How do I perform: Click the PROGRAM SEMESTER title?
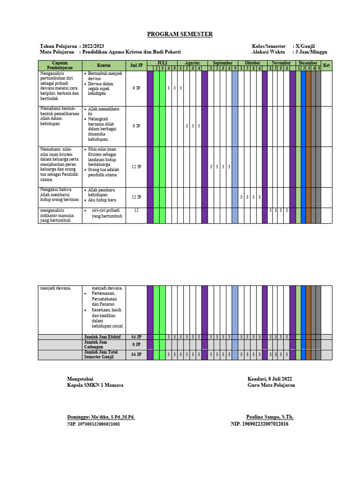[180, 34]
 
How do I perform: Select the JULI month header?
[162, 63]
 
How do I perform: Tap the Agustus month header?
[192, 63]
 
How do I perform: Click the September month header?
[223, 63]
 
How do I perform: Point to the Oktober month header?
[252, 63]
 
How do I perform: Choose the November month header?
[281, 63]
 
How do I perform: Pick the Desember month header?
[308, 63]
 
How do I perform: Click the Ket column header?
[327, 65]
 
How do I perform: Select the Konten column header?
[104, 65]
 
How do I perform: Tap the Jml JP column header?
[136, 65]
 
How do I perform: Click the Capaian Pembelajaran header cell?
[60, 65]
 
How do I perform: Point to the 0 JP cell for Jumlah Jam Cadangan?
[136, 345]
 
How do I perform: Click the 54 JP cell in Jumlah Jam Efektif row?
[136, 337]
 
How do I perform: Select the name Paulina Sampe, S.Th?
[270, 417]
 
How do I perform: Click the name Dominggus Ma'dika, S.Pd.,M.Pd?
[101, 417]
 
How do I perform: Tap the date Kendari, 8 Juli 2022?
[270, 379]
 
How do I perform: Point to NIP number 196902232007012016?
[260, 424]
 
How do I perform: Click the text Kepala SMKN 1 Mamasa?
[95, 385]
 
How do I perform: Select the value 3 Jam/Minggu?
[310, 52]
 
